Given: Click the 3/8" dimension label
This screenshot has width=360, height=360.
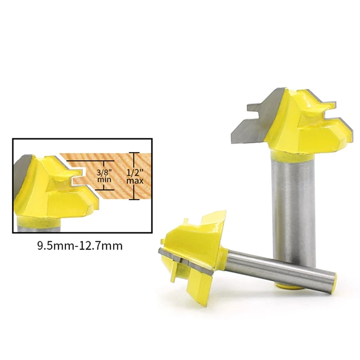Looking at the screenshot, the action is pyautogui.click(x=104, y=172).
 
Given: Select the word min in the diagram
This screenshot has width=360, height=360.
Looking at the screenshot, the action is pyautogui.click(x=104, y=180).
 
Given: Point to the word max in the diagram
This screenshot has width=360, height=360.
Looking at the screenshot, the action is pyautogui.click(x=135, y=181).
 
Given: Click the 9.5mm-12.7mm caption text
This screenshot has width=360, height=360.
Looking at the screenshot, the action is pyautogui.click(x=80, y=246).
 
